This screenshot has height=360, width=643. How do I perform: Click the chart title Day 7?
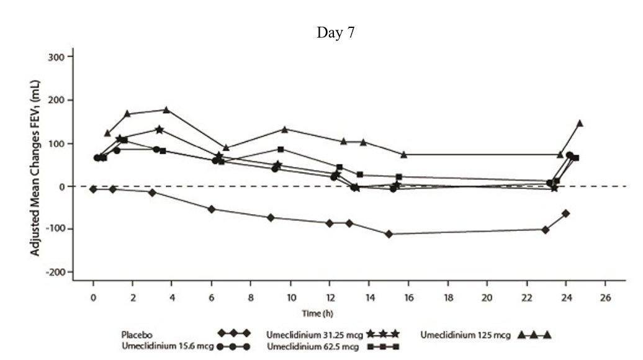(335, 33)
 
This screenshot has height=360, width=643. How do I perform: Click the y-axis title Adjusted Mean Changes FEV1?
(35, 168)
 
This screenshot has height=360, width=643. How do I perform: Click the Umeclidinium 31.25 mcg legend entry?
(333, 335)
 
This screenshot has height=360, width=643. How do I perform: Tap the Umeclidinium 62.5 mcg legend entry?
(333, 346)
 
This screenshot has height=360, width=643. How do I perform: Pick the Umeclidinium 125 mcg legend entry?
(485, 335)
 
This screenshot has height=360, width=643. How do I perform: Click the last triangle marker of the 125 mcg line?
(580, 123)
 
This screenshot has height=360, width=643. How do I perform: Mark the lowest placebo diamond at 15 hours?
(389, 234)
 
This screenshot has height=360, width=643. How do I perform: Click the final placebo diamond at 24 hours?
(565, 214)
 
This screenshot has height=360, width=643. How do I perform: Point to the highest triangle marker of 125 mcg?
(166, 110)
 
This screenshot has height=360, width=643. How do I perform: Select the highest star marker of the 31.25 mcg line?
(160, 130)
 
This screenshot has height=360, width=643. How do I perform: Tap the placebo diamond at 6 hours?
(212, 209)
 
